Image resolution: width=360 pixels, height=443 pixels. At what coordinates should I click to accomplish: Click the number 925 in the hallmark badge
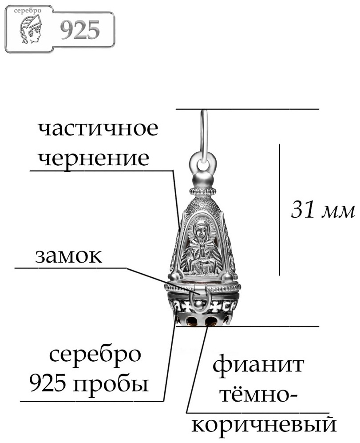pyautogui.click(x=80, y=30)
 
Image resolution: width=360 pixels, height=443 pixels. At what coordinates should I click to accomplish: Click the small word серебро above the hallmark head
pyautogui.click(x=28, y=11)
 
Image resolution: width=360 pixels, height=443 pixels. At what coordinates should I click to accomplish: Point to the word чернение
pyautogui.click(x=94, y=158)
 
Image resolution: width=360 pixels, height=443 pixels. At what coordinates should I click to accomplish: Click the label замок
pyautogui.click(x=68, y=256)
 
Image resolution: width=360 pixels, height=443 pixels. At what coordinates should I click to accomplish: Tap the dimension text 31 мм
pyautogui.click(x=323, y=210)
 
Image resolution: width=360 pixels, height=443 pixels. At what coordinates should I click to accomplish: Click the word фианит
pyautogui.click(x=258, y=365)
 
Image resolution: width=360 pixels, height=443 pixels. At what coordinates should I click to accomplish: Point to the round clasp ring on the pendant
pyautogui.click(x=199, y=299)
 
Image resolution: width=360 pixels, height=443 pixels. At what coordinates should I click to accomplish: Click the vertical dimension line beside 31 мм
pyautogui.click(x=279, y=209)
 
